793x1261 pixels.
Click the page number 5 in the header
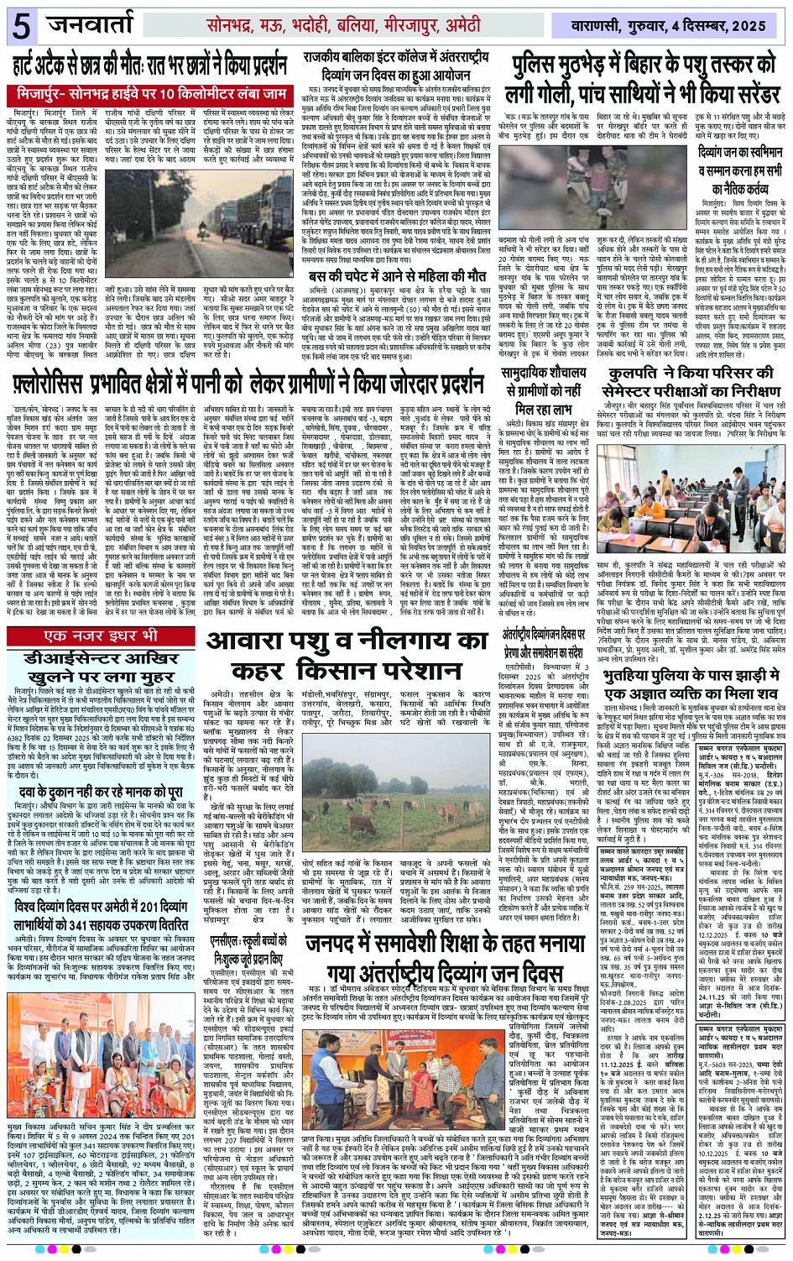[x=21, y=26]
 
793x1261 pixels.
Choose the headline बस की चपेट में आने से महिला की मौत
[x=397, y=275]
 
